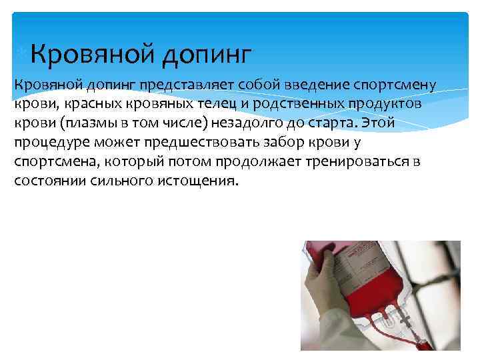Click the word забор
[291, 143]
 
